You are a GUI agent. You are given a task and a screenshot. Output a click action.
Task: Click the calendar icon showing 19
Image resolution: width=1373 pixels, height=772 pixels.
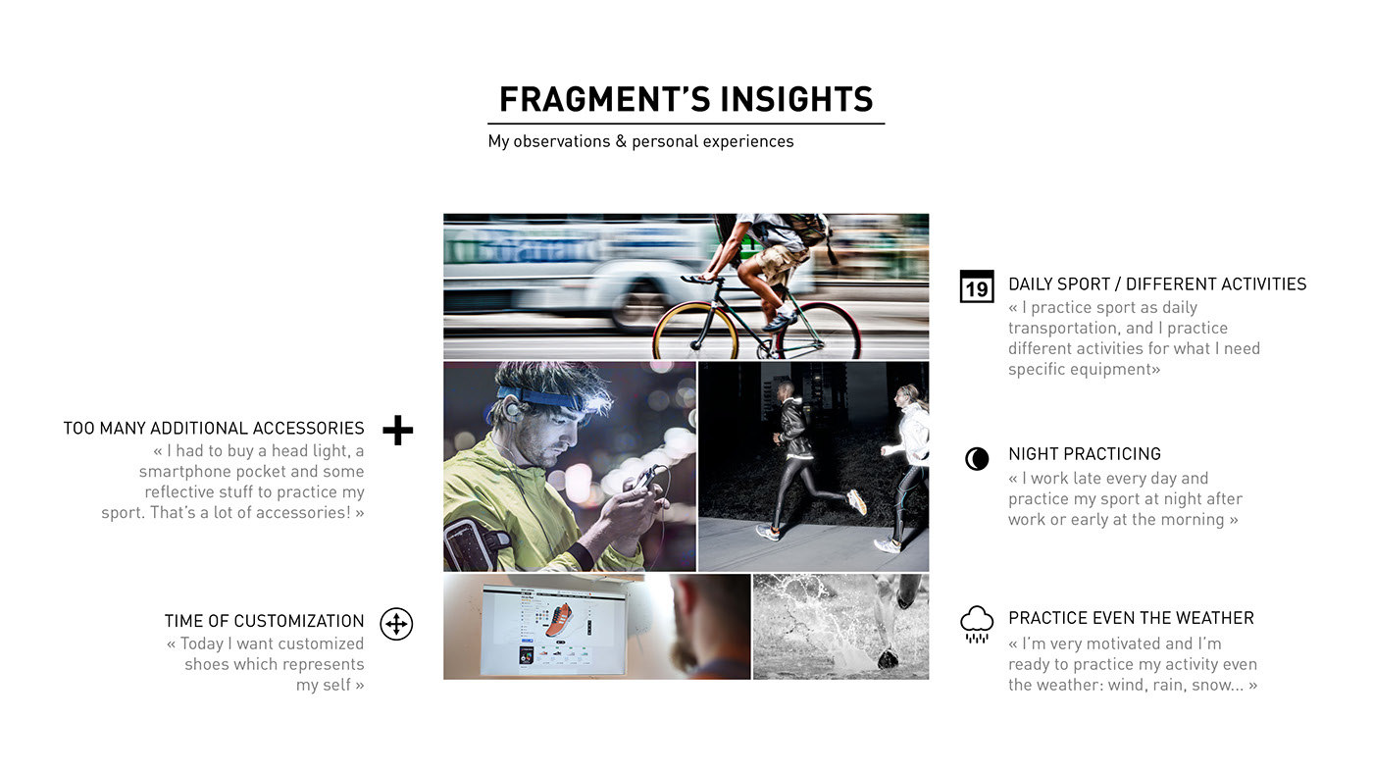click(x=977, y=286)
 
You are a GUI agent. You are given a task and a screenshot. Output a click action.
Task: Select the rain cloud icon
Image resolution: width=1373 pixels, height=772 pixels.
click(x=977, y=624)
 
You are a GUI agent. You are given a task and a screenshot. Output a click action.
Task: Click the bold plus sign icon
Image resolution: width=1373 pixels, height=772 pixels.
click(x=398, y=430)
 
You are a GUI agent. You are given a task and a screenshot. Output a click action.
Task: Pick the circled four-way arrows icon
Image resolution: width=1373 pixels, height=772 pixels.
click(x=396, y=624)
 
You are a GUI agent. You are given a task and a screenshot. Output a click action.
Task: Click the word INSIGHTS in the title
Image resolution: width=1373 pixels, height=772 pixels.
click(x=796, y=99)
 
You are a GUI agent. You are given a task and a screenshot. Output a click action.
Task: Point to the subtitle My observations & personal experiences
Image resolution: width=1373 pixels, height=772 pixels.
click(x=640, y=141)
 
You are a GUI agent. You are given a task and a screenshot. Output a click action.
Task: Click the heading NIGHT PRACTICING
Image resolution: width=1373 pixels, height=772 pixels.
click(x=1085, y=454)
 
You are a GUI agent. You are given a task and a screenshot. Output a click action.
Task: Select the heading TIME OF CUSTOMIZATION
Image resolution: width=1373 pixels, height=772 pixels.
click(x=264, y=621)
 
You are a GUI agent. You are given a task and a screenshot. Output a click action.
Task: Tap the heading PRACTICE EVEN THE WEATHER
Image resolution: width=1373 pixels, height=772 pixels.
click(x=1131, y=617)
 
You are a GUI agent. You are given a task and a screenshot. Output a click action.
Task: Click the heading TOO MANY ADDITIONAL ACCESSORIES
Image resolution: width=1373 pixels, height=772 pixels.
click(x=214, y=428)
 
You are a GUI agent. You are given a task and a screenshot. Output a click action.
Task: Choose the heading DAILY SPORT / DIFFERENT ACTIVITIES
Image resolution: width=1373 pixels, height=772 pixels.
click(x=1157, y=283)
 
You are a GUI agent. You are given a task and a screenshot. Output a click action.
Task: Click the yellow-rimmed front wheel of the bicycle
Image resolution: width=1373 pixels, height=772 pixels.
click(x=695, y=332)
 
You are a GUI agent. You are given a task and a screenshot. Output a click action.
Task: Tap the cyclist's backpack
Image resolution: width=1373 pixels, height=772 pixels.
click(x=800, y=233)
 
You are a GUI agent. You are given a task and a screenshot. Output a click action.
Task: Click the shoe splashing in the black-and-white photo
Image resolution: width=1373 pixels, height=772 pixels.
click(x=887, y=658)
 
